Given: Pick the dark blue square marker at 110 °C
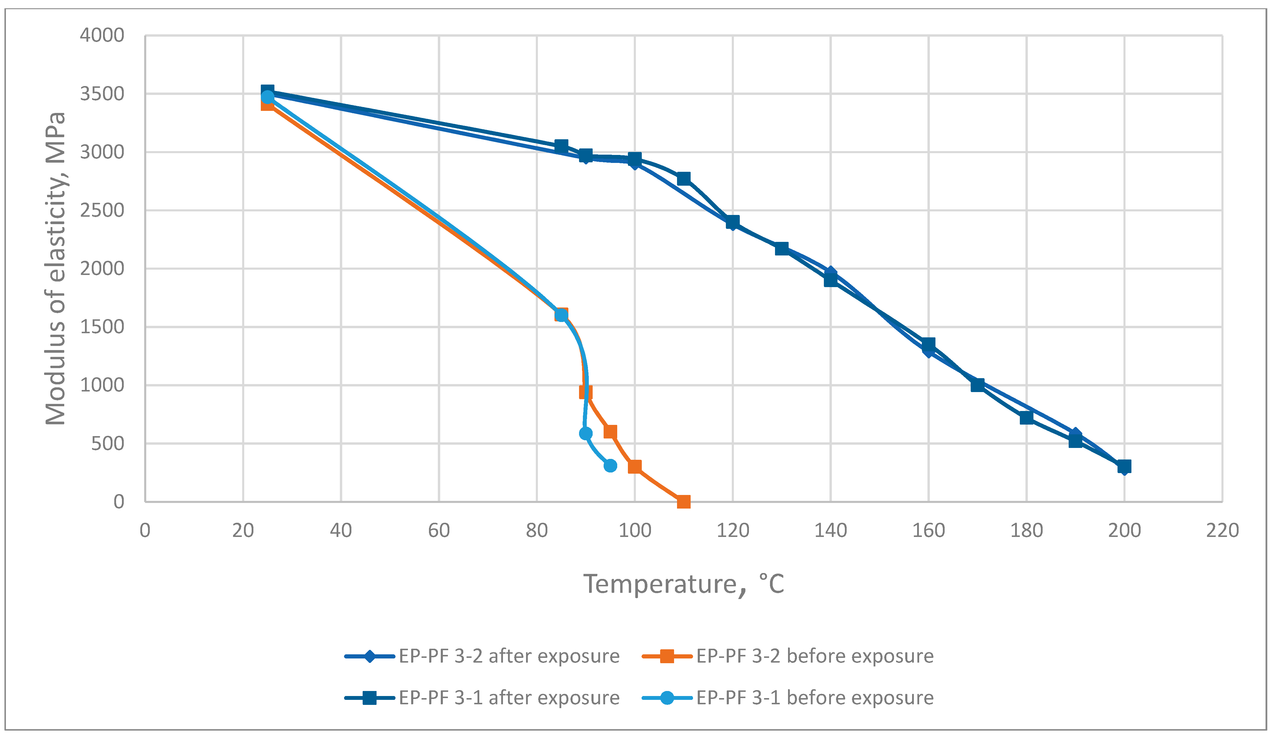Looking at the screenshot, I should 684,178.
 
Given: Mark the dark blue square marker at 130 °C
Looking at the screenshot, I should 782,248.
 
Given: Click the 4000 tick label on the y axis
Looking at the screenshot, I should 102,35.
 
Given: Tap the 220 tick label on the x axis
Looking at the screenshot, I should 1222,531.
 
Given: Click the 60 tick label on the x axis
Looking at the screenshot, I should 439,531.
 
